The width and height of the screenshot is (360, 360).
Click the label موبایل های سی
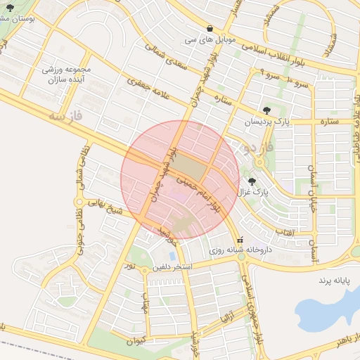click(210, 39)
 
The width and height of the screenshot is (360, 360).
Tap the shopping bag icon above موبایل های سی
click(210, 28)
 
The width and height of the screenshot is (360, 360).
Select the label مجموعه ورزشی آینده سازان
click(67, 75)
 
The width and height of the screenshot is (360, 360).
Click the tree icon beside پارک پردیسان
click(266, 110)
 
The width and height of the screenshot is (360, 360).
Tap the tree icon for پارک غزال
click(252, 181)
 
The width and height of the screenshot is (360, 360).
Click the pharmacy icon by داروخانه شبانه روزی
click(242, 239)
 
